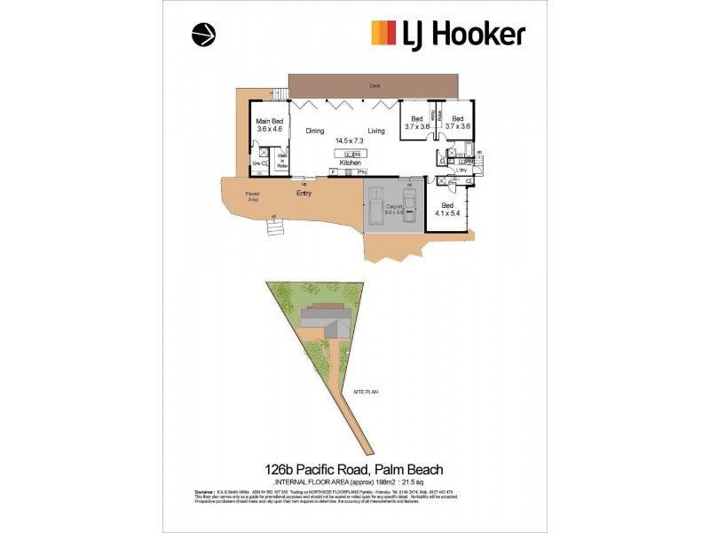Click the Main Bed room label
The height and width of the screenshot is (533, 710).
[269, 121]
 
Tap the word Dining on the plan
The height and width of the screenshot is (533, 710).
[315, 131]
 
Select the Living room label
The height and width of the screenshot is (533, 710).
[376, 131]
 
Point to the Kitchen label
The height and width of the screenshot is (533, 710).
[350, 163]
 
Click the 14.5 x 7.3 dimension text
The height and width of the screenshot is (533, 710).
[350, 140]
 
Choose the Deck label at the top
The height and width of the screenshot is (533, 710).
[375, 86]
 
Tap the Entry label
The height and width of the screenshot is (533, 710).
[304, 192]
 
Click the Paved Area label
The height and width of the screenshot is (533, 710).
[253, 196]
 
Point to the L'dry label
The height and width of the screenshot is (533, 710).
[462, 170]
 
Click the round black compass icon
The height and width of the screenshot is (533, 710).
[203, 34]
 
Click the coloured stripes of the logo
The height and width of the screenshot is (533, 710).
[383, 33]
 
